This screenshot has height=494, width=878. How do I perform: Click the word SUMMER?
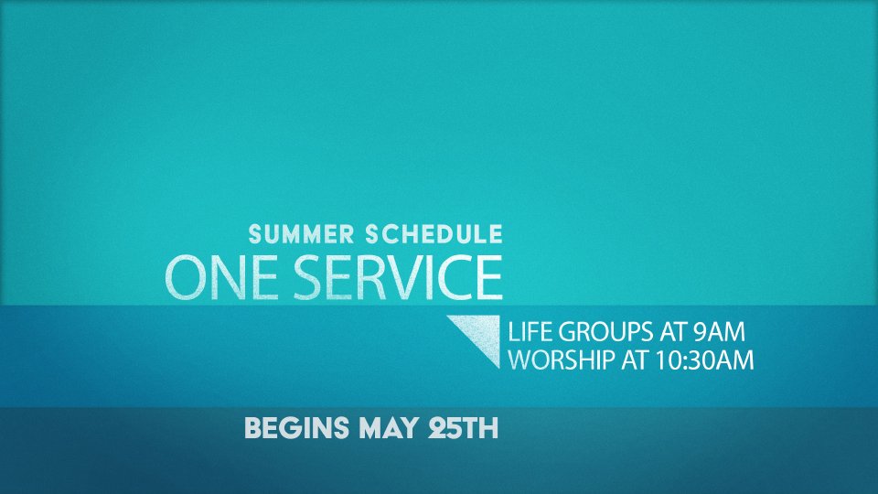[301, 234]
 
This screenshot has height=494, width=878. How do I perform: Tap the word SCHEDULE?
[434, 234]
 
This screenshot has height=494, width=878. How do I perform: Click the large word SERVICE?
[398, 278]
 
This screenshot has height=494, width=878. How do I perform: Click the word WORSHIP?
[562, 360]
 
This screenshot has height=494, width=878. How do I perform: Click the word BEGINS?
[296, 428]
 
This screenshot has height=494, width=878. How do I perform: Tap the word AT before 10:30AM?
[636, 360]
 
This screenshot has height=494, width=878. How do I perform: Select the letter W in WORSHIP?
[521, 360]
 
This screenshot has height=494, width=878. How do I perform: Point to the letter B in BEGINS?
[253, 428]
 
